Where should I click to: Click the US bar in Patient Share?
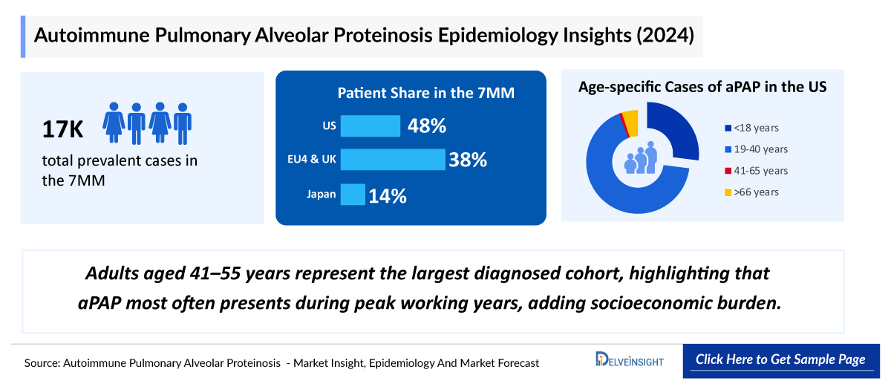pos(371,126)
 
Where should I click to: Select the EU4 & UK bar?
pos(392,160)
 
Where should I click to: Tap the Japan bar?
pos(353,195)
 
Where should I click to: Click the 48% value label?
pos(427,126)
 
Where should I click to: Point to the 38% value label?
pos(468,160)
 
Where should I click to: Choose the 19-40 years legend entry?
pos(760,149)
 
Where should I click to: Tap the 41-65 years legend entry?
pos(760,171)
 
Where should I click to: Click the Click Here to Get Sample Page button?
pos(780,359)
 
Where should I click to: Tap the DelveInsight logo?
pos(630,360)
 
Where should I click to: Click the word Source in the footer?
pos(42,363)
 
